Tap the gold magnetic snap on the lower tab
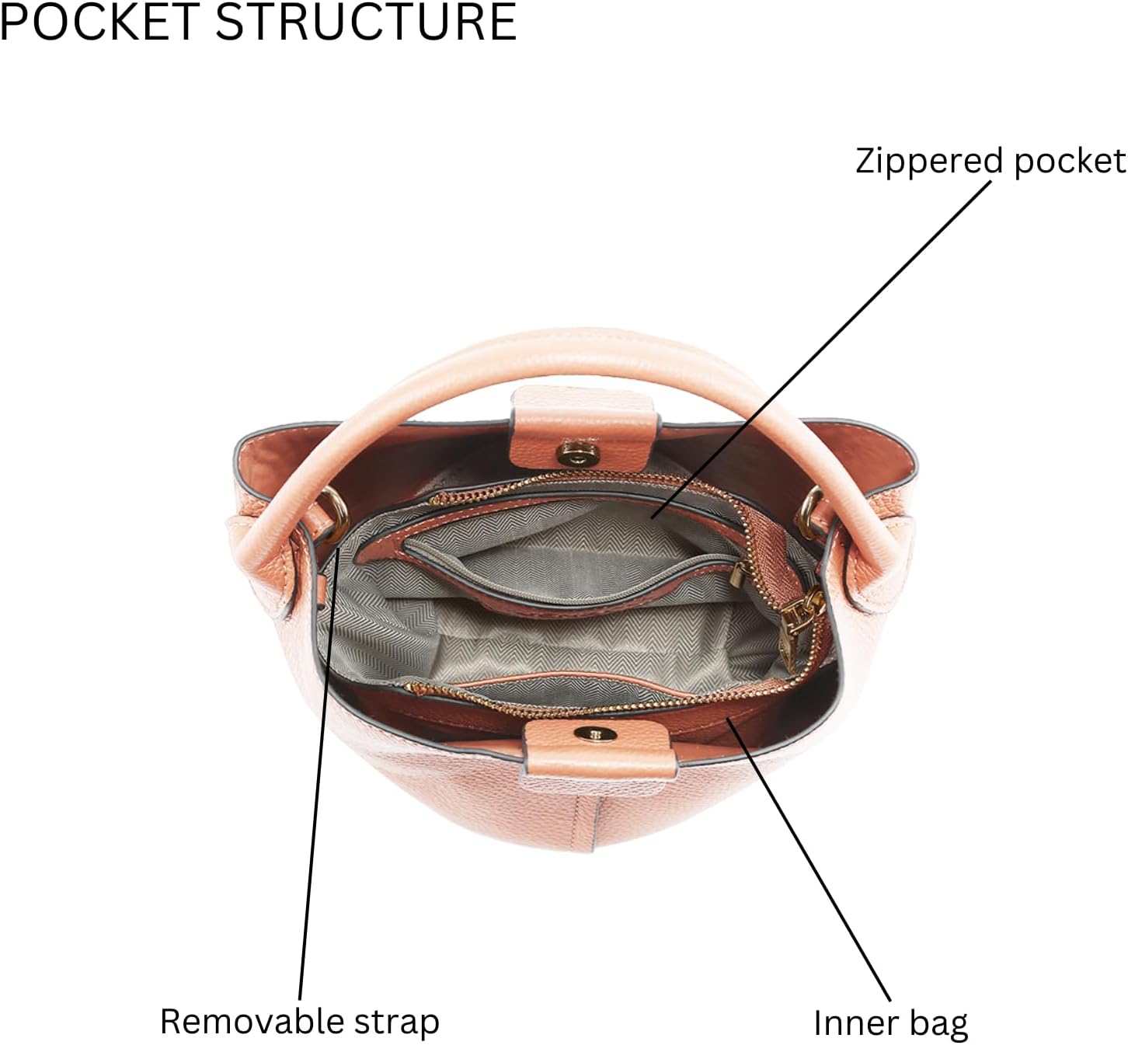[x=596, y=734]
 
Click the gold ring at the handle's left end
[x=336, y=510]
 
